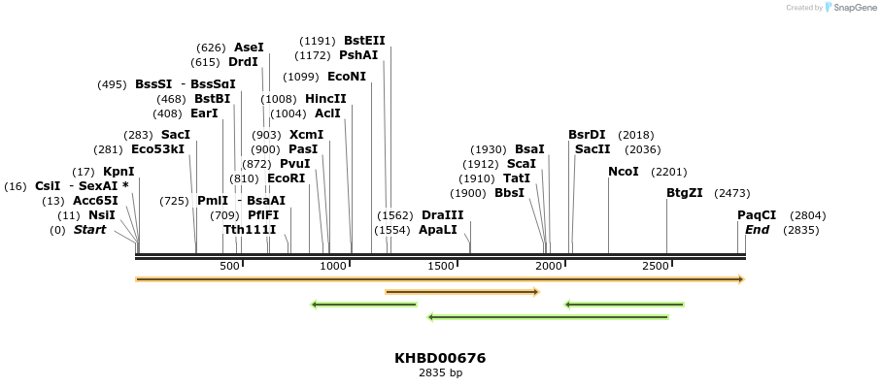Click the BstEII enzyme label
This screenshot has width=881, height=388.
pyautogui.click(x=364, y=41)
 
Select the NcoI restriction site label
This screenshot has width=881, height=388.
pyautogui.click(x=624, y=172)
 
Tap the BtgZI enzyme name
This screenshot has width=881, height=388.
pyautogui.click(x=685, y=193)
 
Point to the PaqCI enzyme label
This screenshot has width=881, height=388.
pyautogui.click(x=757, y=215)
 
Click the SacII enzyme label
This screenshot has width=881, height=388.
pyautogui.click(x=593, y=149)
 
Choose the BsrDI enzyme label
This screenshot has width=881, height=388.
pyautogui.click(x=587, y=135)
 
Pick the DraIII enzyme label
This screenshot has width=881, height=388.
pyautogui.click(x=443, y=215)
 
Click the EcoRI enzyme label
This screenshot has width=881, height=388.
pyautogui.click(x=287, y=178)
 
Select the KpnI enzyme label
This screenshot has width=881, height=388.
pyautogui.click(x=119, y=172)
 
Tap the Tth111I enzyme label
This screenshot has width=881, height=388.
pyautogui.click(x=250, y=230)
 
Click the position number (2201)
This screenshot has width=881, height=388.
pyautogui.click(x=669, y=172)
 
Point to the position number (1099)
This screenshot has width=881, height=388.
pyautogui.click(x=302, y=77)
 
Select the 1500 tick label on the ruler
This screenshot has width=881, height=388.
pyautogui.click(x=442, y=266)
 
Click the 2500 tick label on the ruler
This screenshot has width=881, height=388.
pyautogui.click(x=656, y=266)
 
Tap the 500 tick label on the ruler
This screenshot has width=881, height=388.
pyautogui.click(x=229, y=266)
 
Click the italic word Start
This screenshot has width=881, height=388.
pyautogui.click(x=89, y=230)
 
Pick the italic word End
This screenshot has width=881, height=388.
pyautogui.click(x=757, y=230)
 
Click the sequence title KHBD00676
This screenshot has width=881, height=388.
pyautogui.click(x=440, y=358)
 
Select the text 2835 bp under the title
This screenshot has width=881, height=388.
pyautogui.click(x=440, y=372)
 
